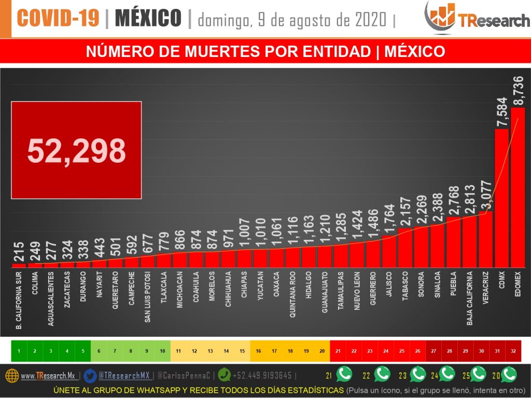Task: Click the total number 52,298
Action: click(76, 150)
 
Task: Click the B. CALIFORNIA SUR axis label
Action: click(19, 301)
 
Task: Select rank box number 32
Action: click(513, 351)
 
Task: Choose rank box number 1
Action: click(19, 351)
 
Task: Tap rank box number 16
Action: click(258, 351)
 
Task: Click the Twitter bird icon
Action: click(90, 375)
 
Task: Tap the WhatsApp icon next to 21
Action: click(344, 374)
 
